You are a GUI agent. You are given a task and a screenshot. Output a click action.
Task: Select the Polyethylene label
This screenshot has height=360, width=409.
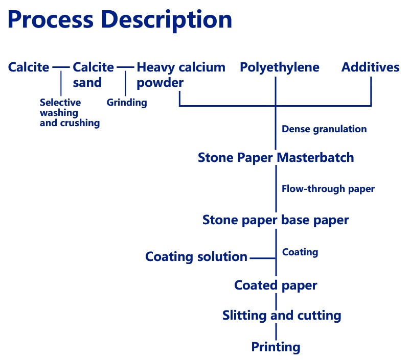pyautogui.click(x=280, y=67)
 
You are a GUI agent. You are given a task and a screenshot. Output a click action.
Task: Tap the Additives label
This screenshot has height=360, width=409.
pyautogui.click(x=370, y=67)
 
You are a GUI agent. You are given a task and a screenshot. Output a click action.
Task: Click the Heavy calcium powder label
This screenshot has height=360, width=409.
pyautogui.click(x=180, y=75)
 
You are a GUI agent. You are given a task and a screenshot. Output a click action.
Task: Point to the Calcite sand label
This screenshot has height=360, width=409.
pyautogui.click(x=94, y=75)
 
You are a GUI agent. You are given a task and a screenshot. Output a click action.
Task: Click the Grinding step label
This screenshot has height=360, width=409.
pyautogui.click(x=127, y=103)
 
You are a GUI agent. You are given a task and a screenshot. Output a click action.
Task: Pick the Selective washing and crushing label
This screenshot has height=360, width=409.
pyautogui.click(x=70, y=113)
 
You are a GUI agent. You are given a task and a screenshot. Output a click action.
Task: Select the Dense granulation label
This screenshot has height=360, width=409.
pyautogui.click(x=324, y=129)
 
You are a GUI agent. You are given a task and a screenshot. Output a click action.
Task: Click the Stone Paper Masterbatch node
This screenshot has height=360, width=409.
pyautogui.click(x=276, y=158)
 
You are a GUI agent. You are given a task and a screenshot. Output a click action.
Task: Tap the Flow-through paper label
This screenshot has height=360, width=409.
pyautogui.click(x=328, y=189)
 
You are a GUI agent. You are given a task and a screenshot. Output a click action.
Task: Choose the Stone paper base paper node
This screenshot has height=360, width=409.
pyautogui.click(x=276, y=221)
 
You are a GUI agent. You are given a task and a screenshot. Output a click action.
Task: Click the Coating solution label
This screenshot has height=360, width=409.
pyautogui.click(x=196, y=257)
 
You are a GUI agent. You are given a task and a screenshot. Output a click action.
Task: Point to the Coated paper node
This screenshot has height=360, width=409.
pyautogui.click(x=276, y=285)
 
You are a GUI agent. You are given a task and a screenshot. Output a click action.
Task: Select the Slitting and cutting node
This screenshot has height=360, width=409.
pyautogui.click(x=282, y=316)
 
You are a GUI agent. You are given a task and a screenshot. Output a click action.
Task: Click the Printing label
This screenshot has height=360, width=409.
pyautogui.click(x=276, y=348)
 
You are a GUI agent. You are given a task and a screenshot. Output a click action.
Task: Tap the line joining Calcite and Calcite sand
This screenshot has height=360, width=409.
pyautogui.click(x=61, y=67)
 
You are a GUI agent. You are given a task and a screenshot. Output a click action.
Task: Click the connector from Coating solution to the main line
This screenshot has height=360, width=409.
pyautogui.click(x=262, y=258)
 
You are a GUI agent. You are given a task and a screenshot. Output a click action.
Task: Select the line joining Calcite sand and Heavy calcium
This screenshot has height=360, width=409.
pyautogui.click(x=125, y=67)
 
